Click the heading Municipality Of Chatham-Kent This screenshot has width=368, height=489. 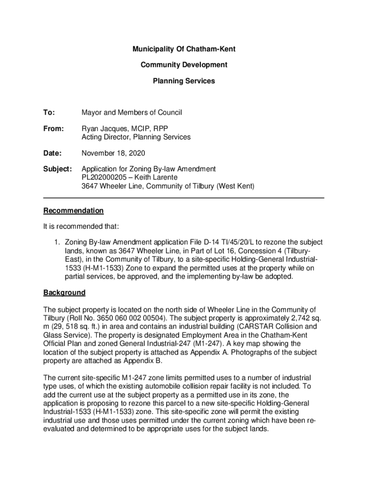pyautogui.click(x=184, y=49)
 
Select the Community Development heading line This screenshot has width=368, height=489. pyautogui.click(x=184, y=65)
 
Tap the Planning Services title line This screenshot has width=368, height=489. pyautogui.click(x=184, y=81)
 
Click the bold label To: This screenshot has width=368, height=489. pyautogui.click(x=49, y=113)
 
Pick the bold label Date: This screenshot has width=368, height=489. pyautogui.click(x=53, y=153)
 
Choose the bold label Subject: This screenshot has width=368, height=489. pyautogui.click(x=57, y=169)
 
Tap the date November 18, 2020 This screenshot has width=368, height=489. pyautogui.click(x=113, y=153)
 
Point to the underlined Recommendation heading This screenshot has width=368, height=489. pyautogui.click(x=73, y=211)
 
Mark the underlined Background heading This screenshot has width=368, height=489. pyautogui.click(x=64, y=292)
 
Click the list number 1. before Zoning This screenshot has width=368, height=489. pyautogui.click(x=58, y=243)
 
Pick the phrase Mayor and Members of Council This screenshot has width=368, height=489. pyautogui.click(x=132, y=113)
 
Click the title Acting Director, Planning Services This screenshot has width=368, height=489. pyautogui.click(x=136, y=137)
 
